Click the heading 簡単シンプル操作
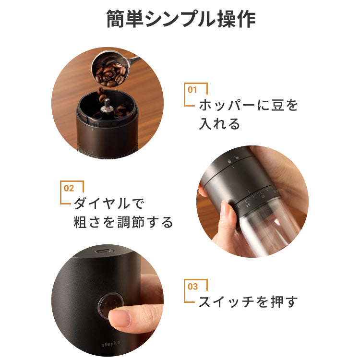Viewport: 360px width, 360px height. click(x=180, y=20)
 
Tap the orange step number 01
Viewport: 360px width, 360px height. click(x=192, y=89)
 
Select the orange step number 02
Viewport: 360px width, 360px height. click(x=69, y=188)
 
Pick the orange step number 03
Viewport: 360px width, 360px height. click(x=192, y=287)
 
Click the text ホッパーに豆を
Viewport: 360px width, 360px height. click(x=248, y=105)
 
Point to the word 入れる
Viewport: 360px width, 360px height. click(x=219, y=124)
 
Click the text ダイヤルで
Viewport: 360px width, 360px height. click(x=108, y=204)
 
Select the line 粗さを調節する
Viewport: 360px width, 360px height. click(x=123, y=222)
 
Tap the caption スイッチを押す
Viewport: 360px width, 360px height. click(x=248, y=302)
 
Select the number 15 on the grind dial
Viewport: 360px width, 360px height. click(x=248, y=204)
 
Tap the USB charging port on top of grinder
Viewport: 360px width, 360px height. click(x=103, y=252)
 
